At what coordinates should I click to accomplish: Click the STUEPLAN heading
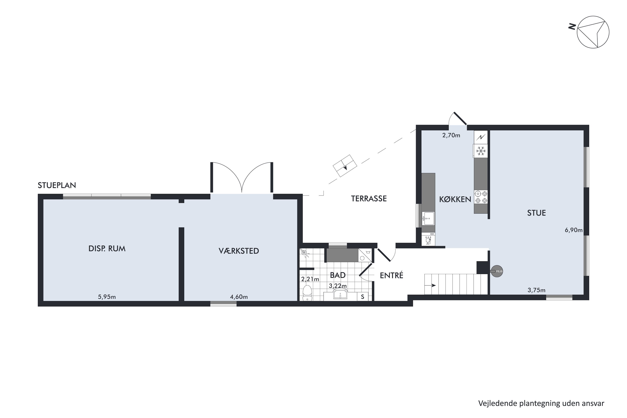pyautogui.click(x=57, y=185)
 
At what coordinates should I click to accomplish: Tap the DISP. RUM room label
pyautogui.click(x=107, y=249)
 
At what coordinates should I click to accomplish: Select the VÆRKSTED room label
pyautogui.click(x=239, y=251)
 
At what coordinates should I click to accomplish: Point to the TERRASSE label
pyautogui.click(x=369, y=199)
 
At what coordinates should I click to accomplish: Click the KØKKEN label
pyautogui.click(x=455, y=199)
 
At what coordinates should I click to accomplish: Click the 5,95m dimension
pyautogui.click(x=107, y=297)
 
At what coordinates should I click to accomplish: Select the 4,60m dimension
pyautogui.click(x=239, y=297)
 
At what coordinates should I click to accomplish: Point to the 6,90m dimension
pyautogui.click(x=573, y=230)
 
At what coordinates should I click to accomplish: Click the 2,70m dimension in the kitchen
pyautogui.click(x=451, y=135)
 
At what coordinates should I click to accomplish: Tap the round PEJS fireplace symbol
pyautogui.click(x=497, y=271)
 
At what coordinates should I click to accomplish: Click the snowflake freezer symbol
pyautogui.click(x=481, y=151)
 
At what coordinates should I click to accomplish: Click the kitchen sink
pyautogui.click(x=428, y=218)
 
